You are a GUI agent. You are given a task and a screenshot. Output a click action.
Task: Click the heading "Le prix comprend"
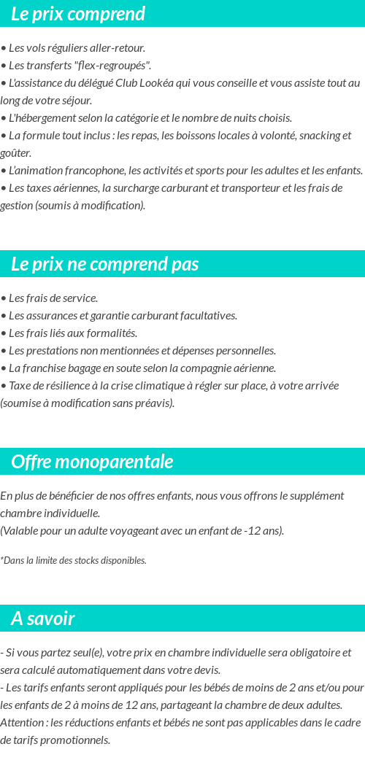tap(78, 14)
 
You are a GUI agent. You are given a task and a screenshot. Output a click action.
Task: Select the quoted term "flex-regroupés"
tap(116, 66)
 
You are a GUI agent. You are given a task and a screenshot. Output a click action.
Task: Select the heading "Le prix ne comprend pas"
tap(104, 264)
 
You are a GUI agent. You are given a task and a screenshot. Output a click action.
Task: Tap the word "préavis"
tap(153, 403)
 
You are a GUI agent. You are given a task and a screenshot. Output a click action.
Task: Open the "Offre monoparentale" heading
tap(92, 462)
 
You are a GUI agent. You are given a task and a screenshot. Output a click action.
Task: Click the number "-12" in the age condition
tap(252, 531)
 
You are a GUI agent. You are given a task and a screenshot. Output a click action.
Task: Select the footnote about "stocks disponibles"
tap(74, 561)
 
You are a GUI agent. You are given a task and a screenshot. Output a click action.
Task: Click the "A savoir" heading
tap(42, 619)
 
